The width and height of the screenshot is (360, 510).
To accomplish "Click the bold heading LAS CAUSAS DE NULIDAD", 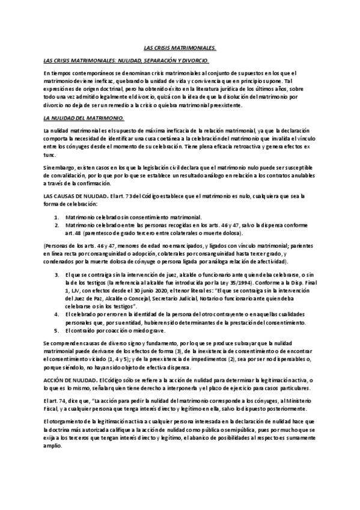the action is (x=75, y=197).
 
